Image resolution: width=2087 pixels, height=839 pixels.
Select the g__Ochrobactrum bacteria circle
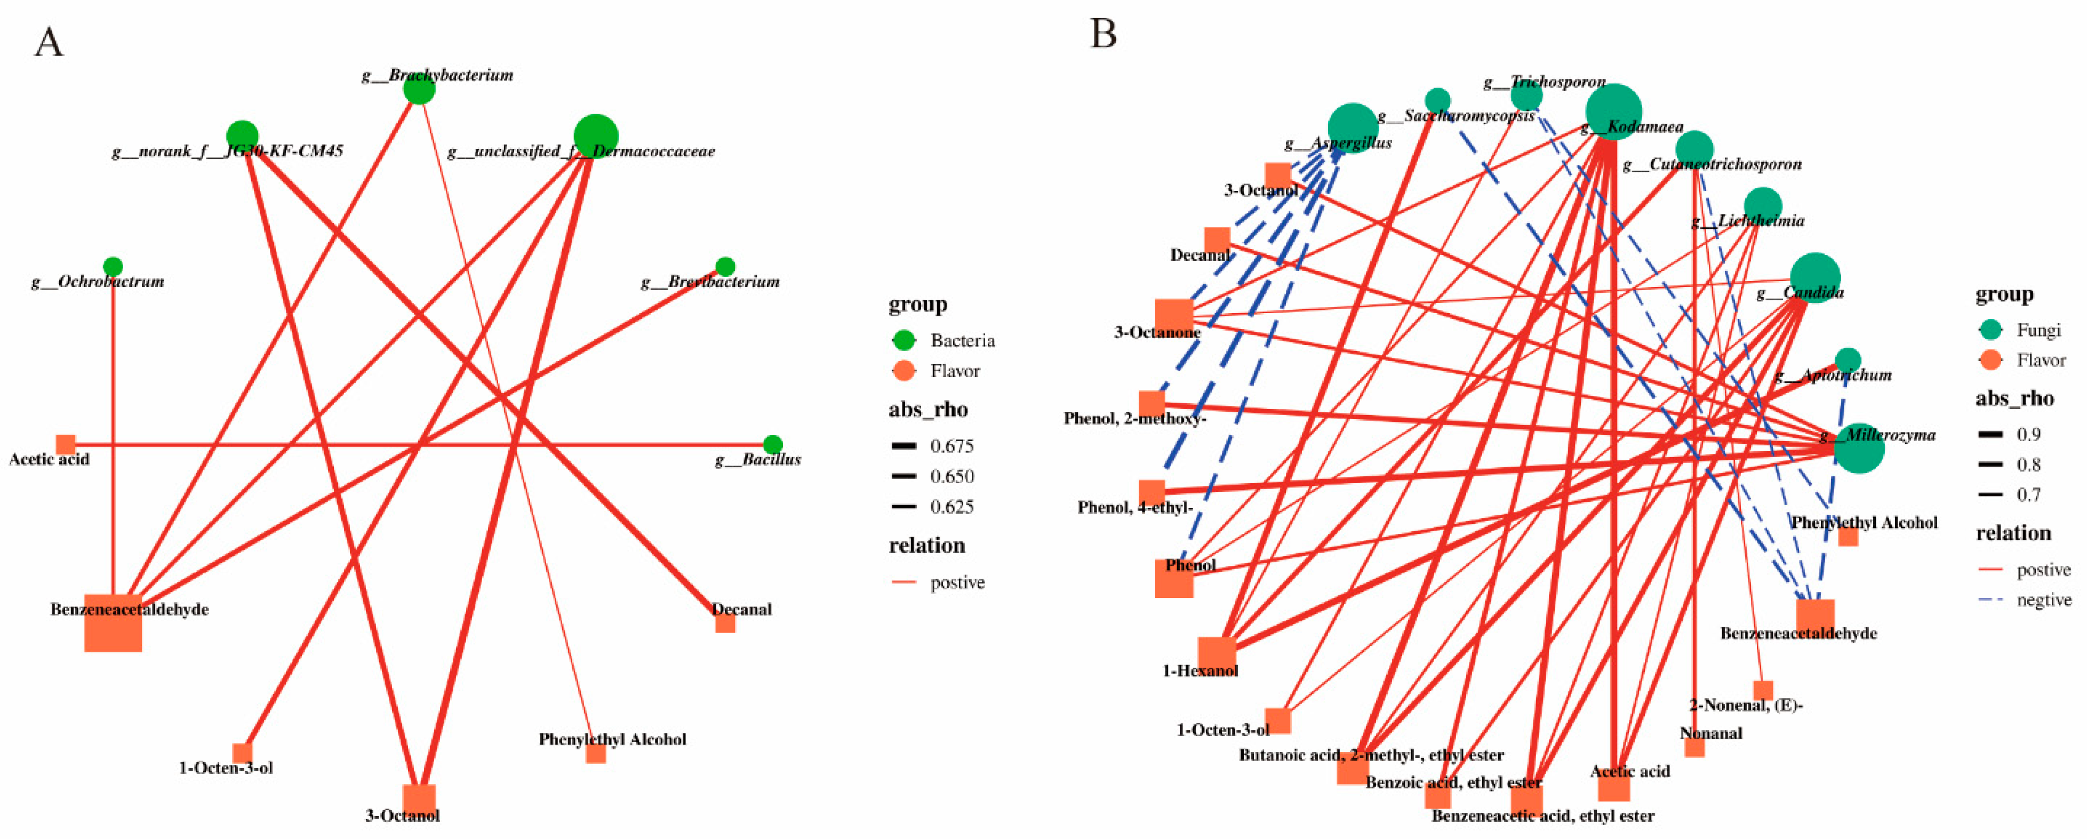click(x=114, y=267)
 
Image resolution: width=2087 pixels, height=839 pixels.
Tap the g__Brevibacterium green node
click(x=725, y=267)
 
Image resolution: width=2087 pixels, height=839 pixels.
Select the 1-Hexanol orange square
click(x=1217, y=654)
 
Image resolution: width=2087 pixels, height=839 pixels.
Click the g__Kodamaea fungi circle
click(x=1613, y=112)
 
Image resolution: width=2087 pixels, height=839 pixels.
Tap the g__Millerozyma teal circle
click(x=1859, y=448)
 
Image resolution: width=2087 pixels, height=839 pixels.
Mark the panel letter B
click(x=1104, y=35)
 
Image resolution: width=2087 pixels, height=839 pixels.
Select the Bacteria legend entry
click(x=962, y=341)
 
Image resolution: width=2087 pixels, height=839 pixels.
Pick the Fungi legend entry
click(x=2038, y=330)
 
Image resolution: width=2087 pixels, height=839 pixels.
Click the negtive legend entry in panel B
click(x=2043, y=600)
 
